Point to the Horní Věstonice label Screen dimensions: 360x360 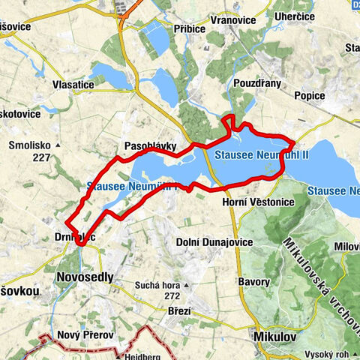[259, 202]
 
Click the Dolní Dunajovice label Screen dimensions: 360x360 [208, 241]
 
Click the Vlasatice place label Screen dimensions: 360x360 [73, 85]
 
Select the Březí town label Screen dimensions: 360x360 [179, 310]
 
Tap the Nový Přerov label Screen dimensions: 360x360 [79, 335]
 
